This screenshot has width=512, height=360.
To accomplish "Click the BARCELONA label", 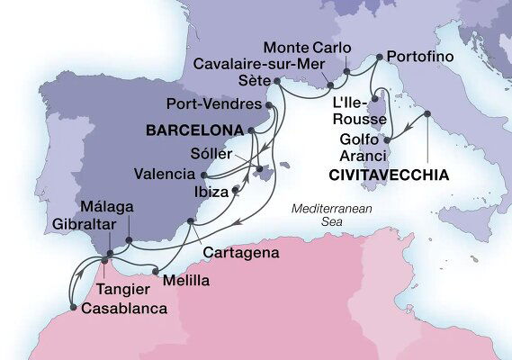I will tap(193, 130).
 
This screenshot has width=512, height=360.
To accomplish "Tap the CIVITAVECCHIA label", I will tap(382, 175).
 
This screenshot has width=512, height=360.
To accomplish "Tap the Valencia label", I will tap(164, 173).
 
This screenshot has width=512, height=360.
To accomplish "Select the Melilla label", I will tap(186, 280).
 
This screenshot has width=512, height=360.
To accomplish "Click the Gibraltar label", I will tap(84, 222).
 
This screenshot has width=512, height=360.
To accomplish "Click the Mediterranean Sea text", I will tap(326, 217).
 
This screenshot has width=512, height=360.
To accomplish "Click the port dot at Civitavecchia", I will tap(428, 113).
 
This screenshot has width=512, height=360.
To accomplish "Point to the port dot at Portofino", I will tap(380, 57).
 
